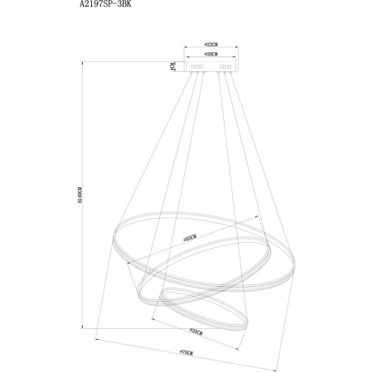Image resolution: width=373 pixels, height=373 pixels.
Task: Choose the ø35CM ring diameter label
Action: click(x=197, y=330)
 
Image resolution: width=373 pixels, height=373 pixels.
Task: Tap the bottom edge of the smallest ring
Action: click(x=199, y=318)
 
